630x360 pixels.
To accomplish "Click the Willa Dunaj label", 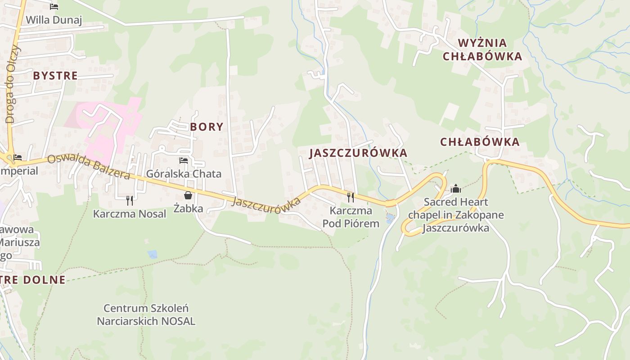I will tap(54, 20).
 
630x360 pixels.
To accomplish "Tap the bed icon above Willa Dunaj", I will tap(54, 7).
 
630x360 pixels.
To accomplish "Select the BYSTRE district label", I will tap(55, 76).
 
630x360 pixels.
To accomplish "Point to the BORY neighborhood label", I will tap(207, 127).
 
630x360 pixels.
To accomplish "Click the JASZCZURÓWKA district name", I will tap(358, 153).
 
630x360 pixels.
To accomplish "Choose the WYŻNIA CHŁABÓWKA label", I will tap(482, 49).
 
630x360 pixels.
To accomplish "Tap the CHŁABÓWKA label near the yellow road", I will tap(480, 142).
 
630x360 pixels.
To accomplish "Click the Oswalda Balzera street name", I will tap(89, 166).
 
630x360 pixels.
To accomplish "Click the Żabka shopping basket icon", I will tap(188, 195).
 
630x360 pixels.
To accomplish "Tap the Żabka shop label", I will tap(189, 208).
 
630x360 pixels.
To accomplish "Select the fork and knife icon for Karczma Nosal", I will tap(130, 200).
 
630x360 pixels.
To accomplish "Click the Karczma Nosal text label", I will tap(130, 214).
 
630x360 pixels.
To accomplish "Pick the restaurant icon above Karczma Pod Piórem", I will tap(351, 197).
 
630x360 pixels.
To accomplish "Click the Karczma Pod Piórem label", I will tap(351, 217).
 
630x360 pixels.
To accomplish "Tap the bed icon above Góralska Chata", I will tap(184, 160).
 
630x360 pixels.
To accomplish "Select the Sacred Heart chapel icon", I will tap(456, 189).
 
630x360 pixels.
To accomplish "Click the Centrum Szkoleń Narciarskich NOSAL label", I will tap(146, 315).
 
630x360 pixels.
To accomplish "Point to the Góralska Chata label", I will tap(184, 174).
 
